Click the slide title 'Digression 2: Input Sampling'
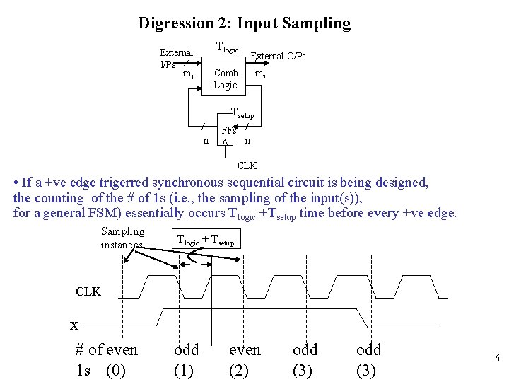pyautogui.click(x=244, y=23)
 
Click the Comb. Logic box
pyautogui.click(x=226, y=79)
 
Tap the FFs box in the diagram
pyautogui.click(x=228, y=132)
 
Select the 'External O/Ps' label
pyautogui.click(x=279, y=56)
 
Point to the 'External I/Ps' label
pyautogui.click(x=175, y=58)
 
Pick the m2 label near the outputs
pyautogui.click(x=260, y=74)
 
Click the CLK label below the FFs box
pyautogui.click(x=247, y=166)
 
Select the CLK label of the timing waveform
pyautogui.click(x=88, y=291)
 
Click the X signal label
pyautogui.click(x=74, y=325)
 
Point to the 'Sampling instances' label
pyautogui.click(x=122, y=238)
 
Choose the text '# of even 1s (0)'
pyautogui.click(x=106, y=360)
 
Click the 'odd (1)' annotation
pyautogui.click(x=187, y=360)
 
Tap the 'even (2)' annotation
pyautogui.click(x=245, y=360)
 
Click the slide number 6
pyautogui.click(x=497, y=359)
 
